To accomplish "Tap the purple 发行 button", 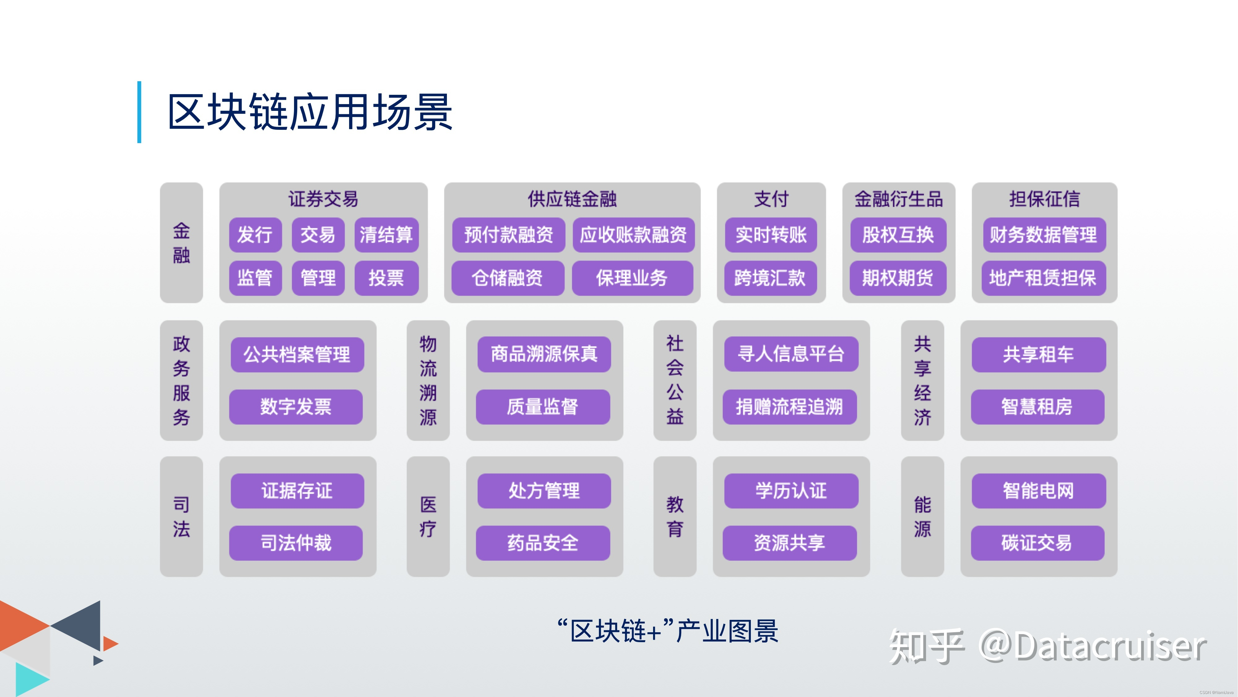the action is click(255, 235).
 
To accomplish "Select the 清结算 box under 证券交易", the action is click(386, 235).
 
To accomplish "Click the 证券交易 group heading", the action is click(323, 199).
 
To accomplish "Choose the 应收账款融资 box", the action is click(633, 235).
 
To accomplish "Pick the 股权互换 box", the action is click(898, 235).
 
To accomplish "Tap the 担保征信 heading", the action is click(1044, 199).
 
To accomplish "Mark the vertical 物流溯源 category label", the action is click(428, 380).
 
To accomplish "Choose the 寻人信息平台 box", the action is click(791, 354).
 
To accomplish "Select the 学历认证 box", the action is click(791, 491).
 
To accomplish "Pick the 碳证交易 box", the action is click(1037, 543).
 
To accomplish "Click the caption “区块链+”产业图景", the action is click(668, 631).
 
